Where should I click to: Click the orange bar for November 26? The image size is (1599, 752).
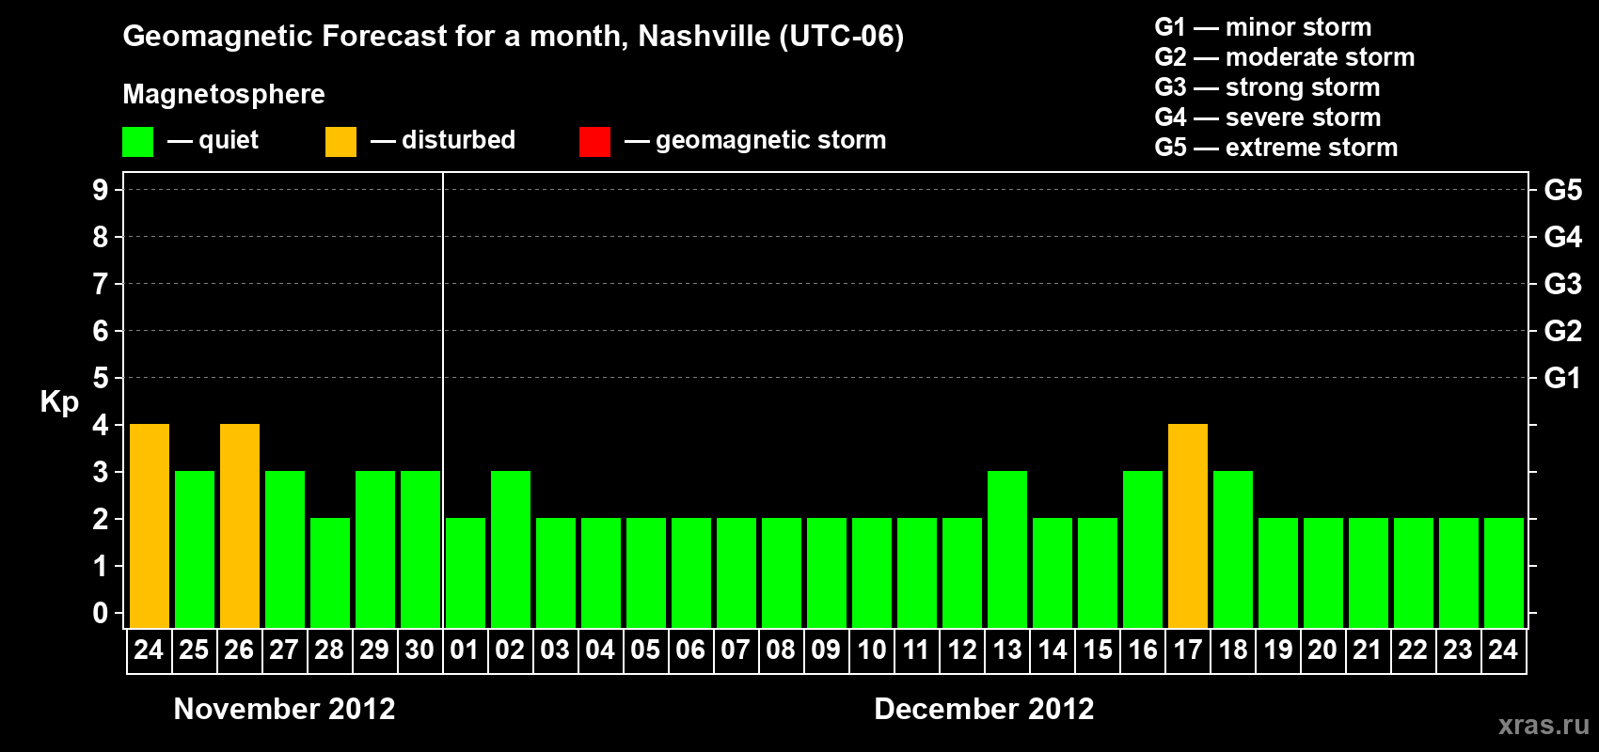(x=240, y=525)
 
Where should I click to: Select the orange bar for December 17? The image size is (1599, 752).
(x=1188, y=525)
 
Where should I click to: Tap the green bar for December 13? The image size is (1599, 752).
(x=1007, y=549)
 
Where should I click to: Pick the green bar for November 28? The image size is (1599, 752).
(x=330, y=572)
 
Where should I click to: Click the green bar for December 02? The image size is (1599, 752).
(x=511, y=549)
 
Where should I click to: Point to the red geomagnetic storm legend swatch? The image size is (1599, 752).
(x=594, y=142)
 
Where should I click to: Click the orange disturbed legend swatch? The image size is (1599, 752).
(x=340, y=142)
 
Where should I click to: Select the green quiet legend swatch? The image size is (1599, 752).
(x=137, y=142)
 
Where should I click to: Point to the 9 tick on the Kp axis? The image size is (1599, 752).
(x=101, y=190)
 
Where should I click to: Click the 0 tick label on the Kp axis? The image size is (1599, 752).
(x=101, y=614)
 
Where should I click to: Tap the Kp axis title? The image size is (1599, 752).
(x=59, y=402)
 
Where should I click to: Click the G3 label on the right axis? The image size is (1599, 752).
(x=1562, y=284)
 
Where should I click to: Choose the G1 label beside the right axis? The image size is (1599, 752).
(x=1562, y=378)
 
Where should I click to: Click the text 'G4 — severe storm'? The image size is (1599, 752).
(x=1267, y=117)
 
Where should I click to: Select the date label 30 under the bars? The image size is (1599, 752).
(x=420, y=650)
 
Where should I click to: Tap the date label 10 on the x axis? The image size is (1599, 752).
(x=871, y=650)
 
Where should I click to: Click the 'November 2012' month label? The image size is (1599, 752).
(x=284, y=709)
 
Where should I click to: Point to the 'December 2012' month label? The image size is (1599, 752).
(x=984, y=709)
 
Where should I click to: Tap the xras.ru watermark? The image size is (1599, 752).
(x=1544, y=725)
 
